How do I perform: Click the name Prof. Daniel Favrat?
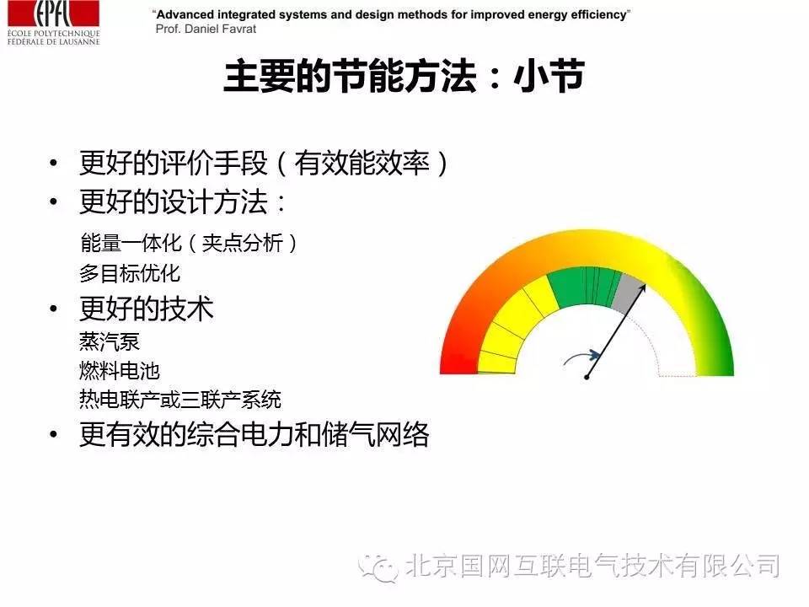click(206, 29)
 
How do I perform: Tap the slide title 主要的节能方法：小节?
click(404, 77)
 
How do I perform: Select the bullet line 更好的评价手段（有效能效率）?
click(264, 163)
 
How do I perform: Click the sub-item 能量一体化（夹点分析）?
click(190, 243)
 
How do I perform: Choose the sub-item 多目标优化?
click(130, 273)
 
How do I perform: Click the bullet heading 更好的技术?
click(147, 309)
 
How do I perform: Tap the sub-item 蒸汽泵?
click(110, 341)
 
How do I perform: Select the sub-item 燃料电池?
click(119, 371)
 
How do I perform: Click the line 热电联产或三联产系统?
click(180, 400)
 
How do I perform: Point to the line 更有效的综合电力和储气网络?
click(254, 434)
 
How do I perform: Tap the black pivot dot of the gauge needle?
click(587, 378)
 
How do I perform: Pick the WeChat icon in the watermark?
click(378, 567)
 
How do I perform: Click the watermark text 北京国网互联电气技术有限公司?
click(592, 566)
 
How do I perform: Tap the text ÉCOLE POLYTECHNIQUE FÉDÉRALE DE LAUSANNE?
click(54, 38)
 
